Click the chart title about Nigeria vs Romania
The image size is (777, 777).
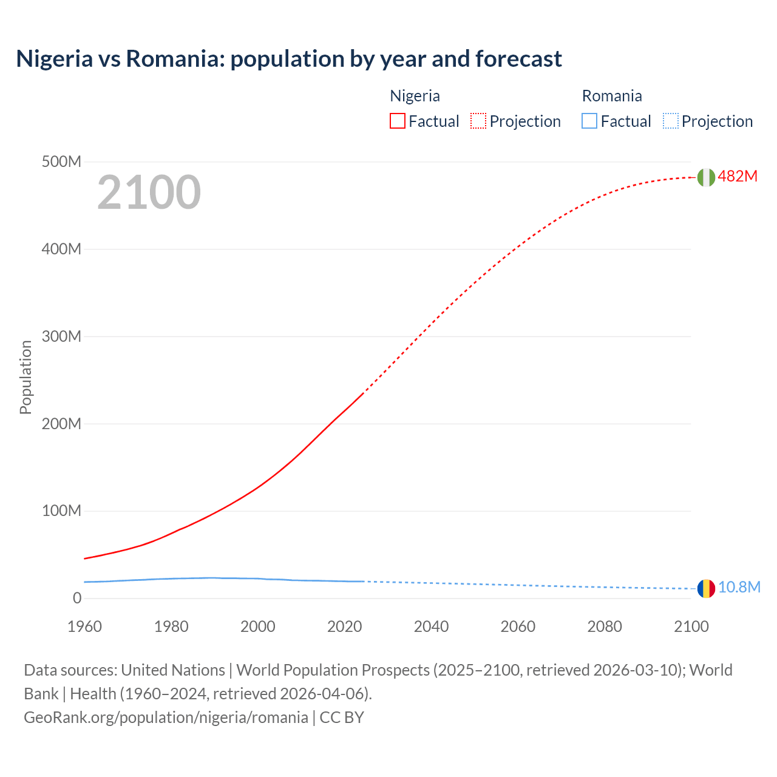pos(289,59)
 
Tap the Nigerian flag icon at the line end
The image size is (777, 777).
pos(705,177)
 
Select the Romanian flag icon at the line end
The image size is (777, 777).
pos(705,588)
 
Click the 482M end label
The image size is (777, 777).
pos(738,176)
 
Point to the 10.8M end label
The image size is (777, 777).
pos(739,587)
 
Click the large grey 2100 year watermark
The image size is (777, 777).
pos(149,192)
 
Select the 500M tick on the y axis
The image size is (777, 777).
pos(61,162)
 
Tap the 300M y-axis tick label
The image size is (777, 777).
pos(61,336)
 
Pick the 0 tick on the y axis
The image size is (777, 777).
pos(76,598)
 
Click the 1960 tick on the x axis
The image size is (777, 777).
pos(84,626)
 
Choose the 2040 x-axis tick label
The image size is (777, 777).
pos(431,626)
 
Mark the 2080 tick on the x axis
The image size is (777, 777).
pos(605,626)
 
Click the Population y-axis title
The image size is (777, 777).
pos(25,377)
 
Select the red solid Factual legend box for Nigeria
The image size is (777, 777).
pos(397,121)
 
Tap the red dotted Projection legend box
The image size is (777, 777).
pos(478,121)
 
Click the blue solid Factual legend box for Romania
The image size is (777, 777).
pos(589,121)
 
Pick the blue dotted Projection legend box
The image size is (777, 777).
pos(670,121)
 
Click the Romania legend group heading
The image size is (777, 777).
pos(612,96)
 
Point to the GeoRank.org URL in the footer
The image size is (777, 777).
pos(166,718)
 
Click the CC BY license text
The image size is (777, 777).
pos(342,718)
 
